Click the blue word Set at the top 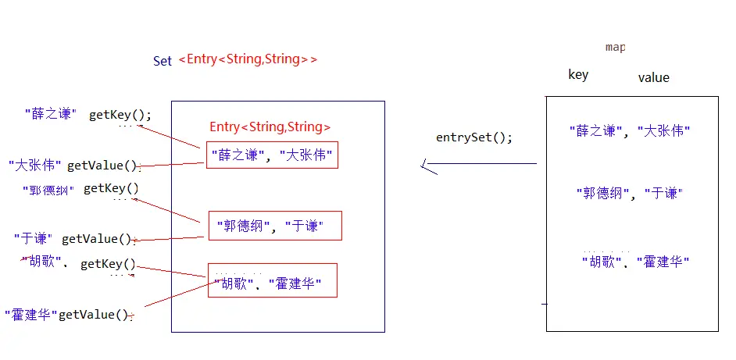pos(163,61)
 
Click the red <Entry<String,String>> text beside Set pos(248,59)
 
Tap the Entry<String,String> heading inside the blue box pos(270,127)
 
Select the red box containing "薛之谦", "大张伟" pos(272,155)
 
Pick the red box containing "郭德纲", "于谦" pos(274,225)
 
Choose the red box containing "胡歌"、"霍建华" pos(272,280)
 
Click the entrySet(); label pos(474,137)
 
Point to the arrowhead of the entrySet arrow pos(424,165)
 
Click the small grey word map pos(615,48)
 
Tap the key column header pos(578,75)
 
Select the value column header pos(653,77)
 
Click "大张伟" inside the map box pos(664,131)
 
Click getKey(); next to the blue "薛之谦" pos(120,115)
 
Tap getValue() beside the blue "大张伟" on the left pos(102,166)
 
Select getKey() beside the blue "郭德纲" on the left pos(111,188)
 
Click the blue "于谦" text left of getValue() pos(34,238)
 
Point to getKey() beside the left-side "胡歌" pos(108,265)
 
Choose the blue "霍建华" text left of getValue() pos(30,315)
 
